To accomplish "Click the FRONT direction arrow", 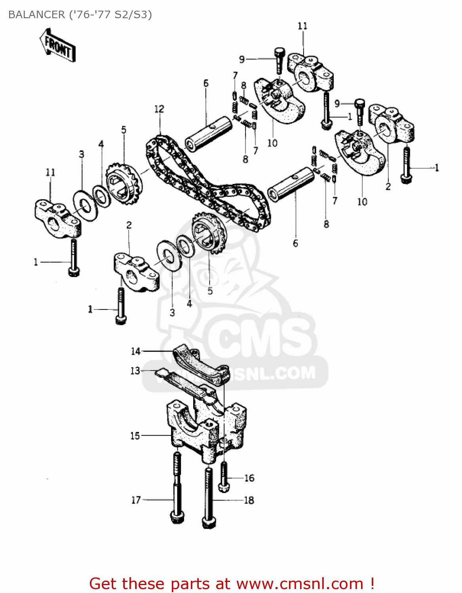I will pos(58,45).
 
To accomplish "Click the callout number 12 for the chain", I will pos(159,109).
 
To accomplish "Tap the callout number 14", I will pos(136,351).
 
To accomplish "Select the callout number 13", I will pos(135,370).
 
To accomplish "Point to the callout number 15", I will pos(135,436).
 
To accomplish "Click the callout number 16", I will pos(249,478).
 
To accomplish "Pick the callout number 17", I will pos(136,500).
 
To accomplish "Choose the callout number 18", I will pos(249,500).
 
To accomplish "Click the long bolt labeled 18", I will pos(209,498).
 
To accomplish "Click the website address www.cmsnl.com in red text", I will pos(300,584).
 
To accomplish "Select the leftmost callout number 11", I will pos(50,172).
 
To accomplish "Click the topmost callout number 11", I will pos(302,26).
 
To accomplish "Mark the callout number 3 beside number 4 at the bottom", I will pos(172,312).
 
